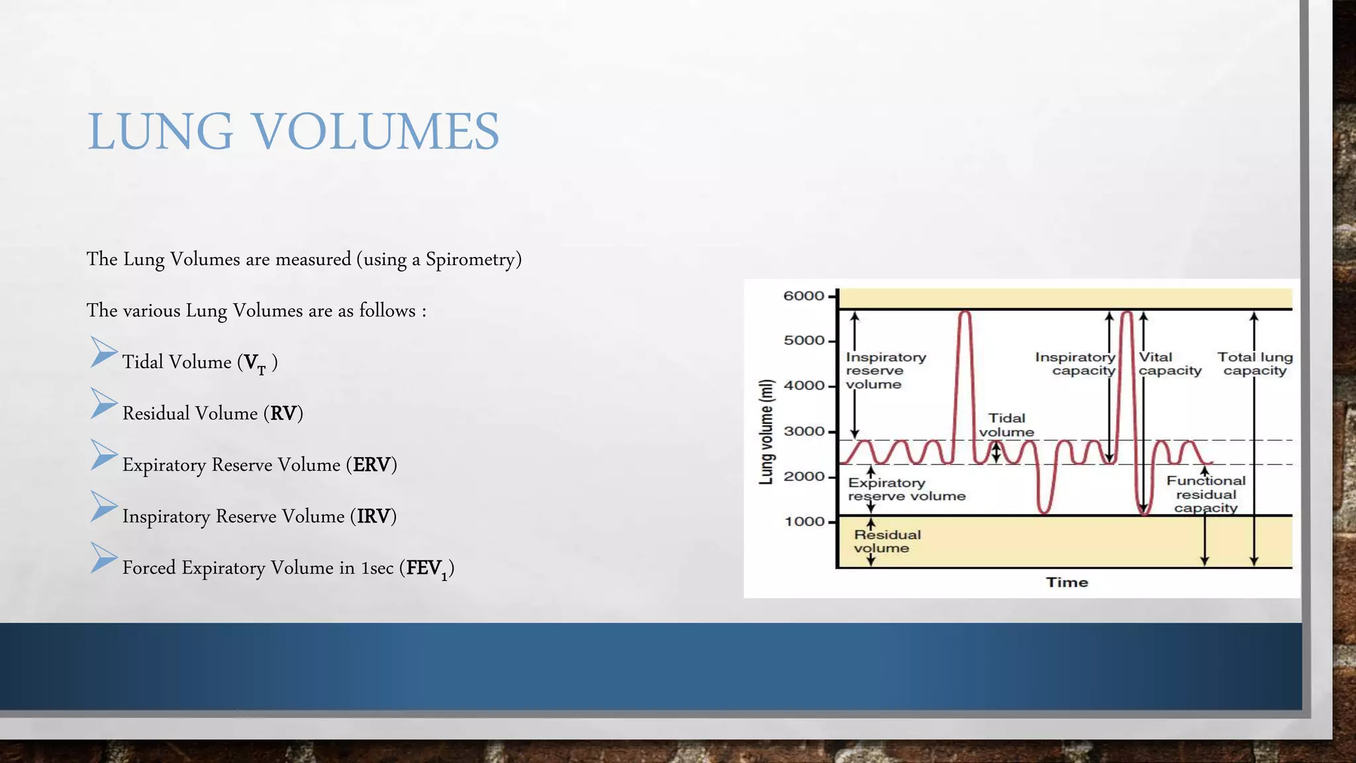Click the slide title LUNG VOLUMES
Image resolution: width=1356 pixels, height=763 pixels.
[x=293, y=131]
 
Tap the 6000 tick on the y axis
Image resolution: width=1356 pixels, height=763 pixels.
[x=804, y=296]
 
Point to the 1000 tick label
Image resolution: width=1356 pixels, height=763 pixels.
[x=804, y=522]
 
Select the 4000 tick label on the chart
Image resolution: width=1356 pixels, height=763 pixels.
[x=804, y=385]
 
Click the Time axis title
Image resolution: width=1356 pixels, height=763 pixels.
[x=1067, y=582]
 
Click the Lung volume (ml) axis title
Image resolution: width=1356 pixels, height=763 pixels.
[x=766, y=432]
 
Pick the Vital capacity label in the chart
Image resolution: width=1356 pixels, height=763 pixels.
[x=1169, y=364]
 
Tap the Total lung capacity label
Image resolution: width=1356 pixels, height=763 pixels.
[x=1255, y=364]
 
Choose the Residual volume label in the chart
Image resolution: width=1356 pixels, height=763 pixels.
[x=887, y=541]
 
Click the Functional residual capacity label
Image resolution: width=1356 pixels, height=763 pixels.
[x=1206, y=494]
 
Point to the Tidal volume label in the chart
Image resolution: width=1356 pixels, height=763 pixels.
[x=1006, y=425]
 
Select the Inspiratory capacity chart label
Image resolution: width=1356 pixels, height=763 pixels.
[x=1076, y=364]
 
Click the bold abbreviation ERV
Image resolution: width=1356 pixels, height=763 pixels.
[x=371, y=465]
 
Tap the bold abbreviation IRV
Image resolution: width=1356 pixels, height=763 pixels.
[x=373, y=517]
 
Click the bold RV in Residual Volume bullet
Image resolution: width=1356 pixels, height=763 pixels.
[x=283, y=413]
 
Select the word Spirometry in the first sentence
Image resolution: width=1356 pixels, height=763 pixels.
[x=469, y=259]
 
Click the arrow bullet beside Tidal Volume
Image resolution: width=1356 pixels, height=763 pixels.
[x=103, y=352]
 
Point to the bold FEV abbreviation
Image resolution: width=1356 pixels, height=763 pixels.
[x=424, y=568]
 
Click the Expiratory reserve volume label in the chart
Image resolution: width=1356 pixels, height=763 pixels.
[x=906, y=489]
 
